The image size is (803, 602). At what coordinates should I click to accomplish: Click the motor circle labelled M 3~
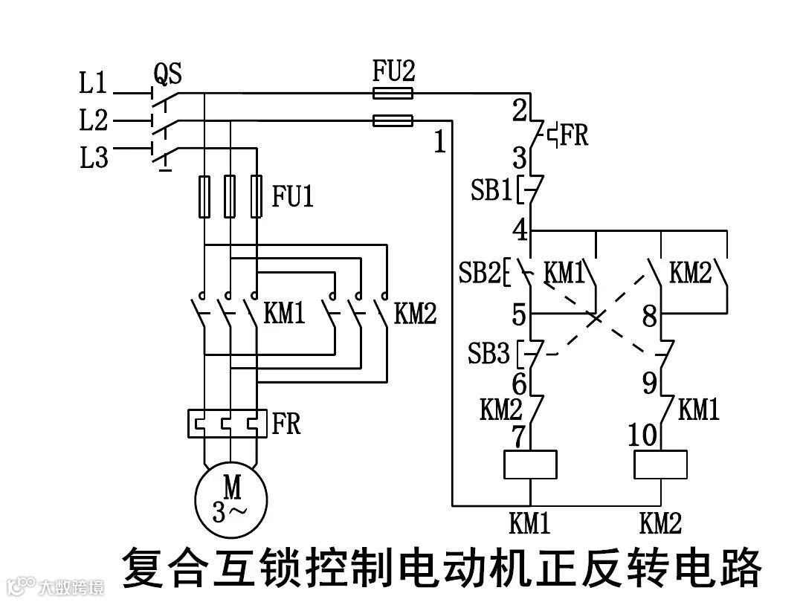click(x=231, y=499)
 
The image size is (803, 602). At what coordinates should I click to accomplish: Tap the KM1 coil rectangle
click(x=530, y=465)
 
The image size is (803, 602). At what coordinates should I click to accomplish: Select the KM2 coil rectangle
click(x=661, y=465)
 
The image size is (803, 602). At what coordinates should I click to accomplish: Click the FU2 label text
click(x=393, y=71)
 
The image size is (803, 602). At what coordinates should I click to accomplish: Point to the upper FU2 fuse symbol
click(x=393, y=93)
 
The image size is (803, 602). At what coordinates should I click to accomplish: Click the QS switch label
click(x=167, y=74)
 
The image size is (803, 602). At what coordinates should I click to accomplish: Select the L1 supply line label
click(x=93, y=82)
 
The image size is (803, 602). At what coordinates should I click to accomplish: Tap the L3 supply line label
click(x=94, y=157)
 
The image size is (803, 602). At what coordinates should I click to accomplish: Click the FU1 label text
click(x=292, y=196)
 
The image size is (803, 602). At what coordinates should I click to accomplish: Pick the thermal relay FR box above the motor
click(x=228, y=424)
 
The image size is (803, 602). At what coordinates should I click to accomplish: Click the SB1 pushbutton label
click(x=491, y=190)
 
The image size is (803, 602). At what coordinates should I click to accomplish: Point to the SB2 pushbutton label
click(x=479, y=272)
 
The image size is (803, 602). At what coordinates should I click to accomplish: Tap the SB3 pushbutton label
click(x=488, y=353)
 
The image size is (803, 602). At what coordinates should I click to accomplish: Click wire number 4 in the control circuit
click(x=520, y=230)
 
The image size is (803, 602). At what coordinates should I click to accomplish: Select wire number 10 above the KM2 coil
click(x=642, y=435)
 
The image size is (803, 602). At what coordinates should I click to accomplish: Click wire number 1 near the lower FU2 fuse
click(x=440, y=142)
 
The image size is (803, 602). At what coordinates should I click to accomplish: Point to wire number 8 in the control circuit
click(x=649, y=316)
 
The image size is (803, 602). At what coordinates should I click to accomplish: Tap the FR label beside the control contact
click(x=574, y=135)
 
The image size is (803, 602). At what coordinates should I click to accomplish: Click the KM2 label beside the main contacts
click(x=416, y=313)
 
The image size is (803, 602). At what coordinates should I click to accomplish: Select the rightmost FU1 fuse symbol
click(x=257, y=196)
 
